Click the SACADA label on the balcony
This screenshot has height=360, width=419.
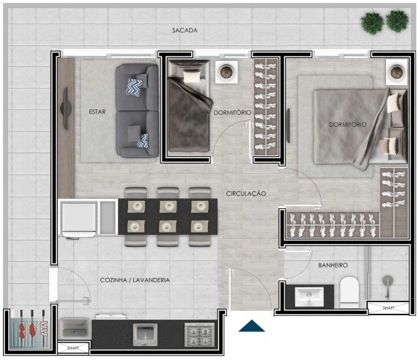click(x=185, y=31)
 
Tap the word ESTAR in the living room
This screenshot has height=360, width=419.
click(x=97, y=111)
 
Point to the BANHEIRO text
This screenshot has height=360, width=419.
click(x=333, y=265)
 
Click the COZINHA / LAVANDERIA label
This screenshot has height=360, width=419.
click(x=135, y=280)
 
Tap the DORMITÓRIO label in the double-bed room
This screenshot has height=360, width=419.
click(x=346, y=125)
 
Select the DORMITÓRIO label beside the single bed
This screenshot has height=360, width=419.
click(x=232, y=112)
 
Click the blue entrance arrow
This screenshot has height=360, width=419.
click(x=251, y=326)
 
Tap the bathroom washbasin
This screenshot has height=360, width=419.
click(x=309, y=295)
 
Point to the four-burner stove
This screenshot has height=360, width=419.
click(x=197, y=334)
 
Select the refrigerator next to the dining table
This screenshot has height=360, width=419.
click(x=79, y=218)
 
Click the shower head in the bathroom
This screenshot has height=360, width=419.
click(x=388, y=281)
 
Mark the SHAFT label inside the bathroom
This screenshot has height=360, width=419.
click(x=387, y=309)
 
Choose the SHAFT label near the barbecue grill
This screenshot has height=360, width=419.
click(x=73, y=348)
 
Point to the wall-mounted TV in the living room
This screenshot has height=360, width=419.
click(x=67, y=107)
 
